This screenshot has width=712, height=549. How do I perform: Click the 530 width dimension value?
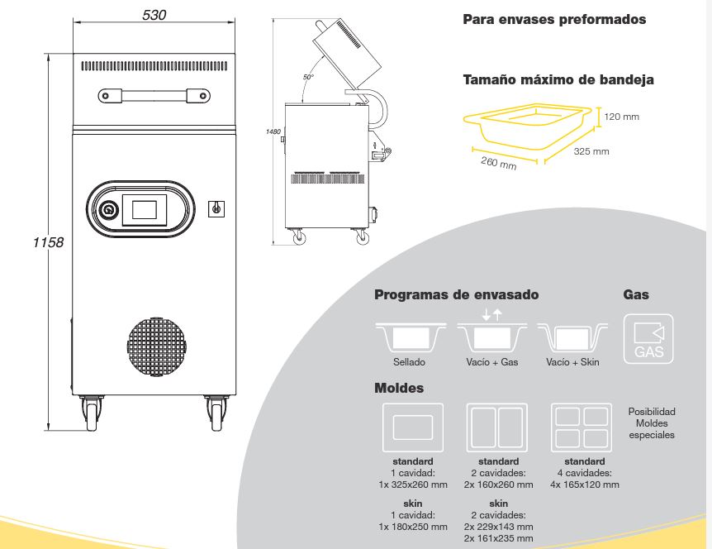pyautogui.click(x=154, y=15)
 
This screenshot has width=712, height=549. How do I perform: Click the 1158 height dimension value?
pyautogui.click(x=48, y=242)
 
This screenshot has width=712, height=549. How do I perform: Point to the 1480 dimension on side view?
pyautogui.click(x=273, y=131)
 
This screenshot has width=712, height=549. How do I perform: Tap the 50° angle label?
pyautogui.click(x=308, y=77)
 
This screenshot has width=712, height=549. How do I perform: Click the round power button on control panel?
pyautogui.click(x=108, y=209)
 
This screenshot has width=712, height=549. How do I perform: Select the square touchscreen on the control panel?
pyautogui.click(x=144, y=209)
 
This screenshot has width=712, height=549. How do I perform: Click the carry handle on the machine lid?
pyautogui.click(x=154, y=96)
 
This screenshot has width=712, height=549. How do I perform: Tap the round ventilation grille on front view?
pyautogui.click(x=157, y=347)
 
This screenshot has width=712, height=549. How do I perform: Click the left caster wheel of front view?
pyautogui.click(x=92, y=413)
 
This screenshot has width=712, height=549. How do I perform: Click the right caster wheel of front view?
pyautogui.click(x=216, y=413)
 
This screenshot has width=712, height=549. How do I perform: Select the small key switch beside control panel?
pyautogui.click(x=216, y=208)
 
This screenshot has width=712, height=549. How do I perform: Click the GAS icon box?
pyautogui.click(x=648, y=339)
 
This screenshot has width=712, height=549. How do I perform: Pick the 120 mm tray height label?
pyautogui.click(x=622, y=117)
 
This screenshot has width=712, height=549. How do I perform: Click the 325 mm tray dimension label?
pyautogui.click(x=591, y=151)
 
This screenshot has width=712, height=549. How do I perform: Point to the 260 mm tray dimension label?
pyautogui.click(x=499, y=163)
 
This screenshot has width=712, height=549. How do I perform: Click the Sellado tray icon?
pyautogui.click(x=411, y=337)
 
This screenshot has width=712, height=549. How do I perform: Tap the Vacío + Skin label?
pyautogui.click(x=572, y=362)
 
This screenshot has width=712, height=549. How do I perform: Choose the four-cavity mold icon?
pyautogui.click(x=581, y=427)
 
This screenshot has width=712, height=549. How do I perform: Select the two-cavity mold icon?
pyautogui.click(x=497, y=427)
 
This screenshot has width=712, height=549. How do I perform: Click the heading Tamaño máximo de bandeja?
pyautogui.click(x=558, y=80)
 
